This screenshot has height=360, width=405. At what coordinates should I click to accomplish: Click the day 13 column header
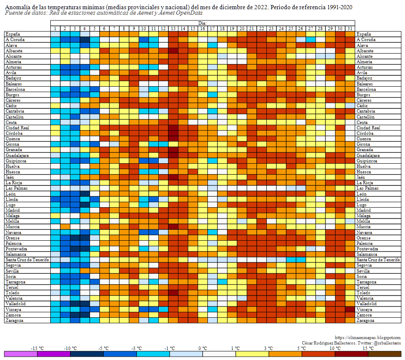coord(173,28)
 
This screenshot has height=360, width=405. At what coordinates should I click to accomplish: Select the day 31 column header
coord(350,28)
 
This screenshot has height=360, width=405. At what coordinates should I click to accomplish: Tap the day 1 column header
coord(55,28)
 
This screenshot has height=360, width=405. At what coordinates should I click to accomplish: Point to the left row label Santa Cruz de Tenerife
coord(27,260)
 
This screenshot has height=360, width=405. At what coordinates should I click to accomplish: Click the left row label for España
coord(13,34)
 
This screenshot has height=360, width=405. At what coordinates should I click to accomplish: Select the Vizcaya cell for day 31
coord(350,309)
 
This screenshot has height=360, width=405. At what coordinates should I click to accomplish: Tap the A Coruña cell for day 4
coord(85,39)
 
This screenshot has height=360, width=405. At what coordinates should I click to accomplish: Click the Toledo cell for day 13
coord(173,293)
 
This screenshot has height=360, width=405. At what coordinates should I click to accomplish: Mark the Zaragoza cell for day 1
coord(55,320)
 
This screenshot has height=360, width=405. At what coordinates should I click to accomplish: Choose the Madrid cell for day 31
coord(350,210)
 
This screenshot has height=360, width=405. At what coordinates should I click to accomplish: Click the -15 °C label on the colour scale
coord(38,348)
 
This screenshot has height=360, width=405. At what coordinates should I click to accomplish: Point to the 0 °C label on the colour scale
coord(203,348)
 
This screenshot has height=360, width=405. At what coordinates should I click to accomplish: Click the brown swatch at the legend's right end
coord(384,354)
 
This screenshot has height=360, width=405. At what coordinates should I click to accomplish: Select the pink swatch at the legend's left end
coord(21,354)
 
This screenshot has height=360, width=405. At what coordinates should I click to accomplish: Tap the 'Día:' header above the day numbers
coord(203,23)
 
